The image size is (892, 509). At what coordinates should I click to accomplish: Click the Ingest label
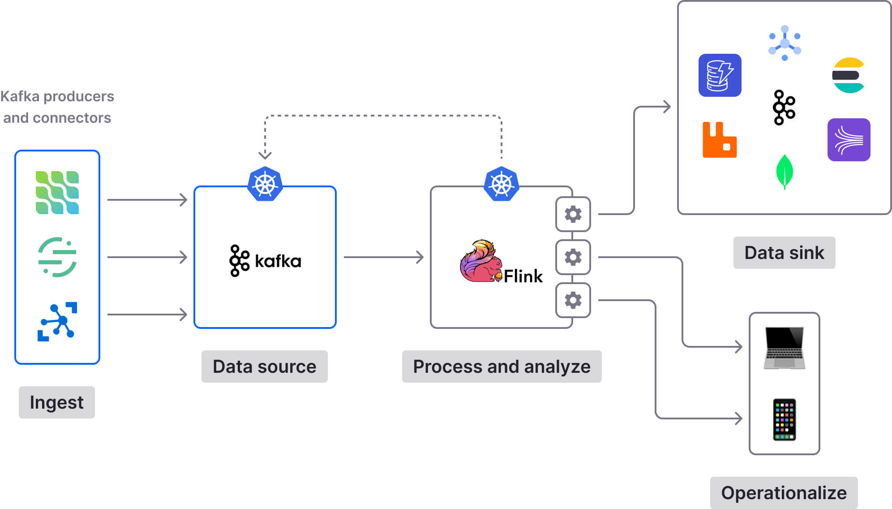coord(56,402)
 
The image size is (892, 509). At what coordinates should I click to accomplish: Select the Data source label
coord(264,367)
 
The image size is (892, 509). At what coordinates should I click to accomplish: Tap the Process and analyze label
coord(502,367)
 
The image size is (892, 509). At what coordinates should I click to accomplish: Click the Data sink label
coord(784,253)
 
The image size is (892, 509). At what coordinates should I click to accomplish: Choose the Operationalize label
coord(784,493)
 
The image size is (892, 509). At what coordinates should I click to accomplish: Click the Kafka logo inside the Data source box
coord(265,260)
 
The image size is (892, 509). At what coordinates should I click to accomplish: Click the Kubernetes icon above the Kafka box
coord(265,184)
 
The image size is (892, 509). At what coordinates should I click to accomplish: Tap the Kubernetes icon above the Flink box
coord(502,184)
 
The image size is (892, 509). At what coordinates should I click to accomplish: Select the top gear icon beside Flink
coord(573,214)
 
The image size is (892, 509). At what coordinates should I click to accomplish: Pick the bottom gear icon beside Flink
coord(573,300)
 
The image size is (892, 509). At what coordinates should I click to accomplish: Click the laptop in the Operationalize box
coord(784,348)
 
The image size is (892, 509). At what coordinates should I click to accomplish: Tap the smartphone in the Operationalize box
coord(784,419)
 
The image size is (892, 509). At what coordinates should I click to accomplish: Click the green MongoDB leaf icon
coord(784,172)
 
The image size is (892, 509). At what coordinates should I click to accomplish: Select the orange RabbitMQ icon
coord(719,140)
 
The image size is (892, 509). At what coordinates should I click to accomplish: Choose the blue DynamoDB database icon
coord(720,75)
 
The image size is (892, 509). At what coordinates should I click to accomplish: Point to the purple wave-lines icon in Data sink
coord(849,140)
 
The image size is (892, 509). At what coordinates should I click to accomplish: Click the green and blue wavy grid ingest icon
coord(57,193)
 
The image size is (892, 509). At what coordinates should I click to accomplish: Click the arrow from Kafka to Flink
coord(383,257)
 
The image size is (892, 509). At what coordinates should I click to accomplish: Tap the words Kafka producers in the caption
coord(57,96)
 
